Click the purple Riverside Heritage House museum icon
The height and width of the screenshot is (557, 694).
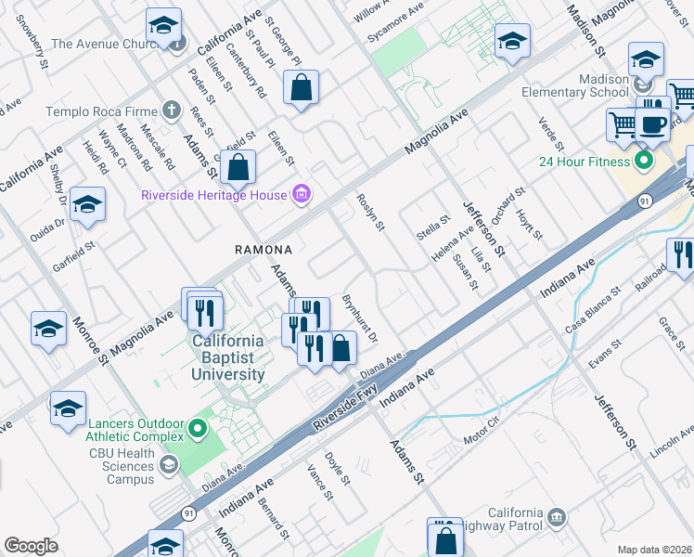click(301, 195)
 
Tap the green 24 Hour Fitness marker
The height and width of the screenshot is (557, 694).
click(641, 162)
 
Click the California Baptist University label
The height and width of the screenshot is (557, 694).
click(227, 357)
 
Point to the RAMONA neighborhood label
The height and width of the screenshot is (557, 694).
click(263, 250)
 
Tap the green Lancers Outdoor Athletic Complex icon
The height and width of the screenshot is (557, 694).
click(197, 428)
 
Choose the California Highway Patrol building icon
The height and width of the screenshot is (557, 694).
click(556, 516)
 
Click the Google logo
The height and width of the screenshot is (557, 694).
click(31, 546)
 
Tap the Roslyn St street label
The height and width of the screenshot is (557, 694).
click(371, 213)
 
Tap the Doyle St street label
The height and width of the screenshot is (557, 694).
click(337, 469)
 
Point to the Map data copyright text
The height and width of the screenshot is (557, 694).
click(655, 550)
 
